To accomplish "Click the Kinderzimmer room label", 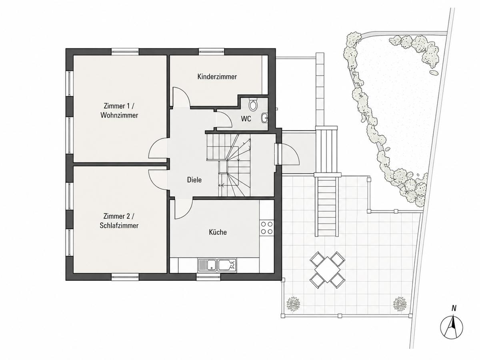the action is click(x=217, y=77).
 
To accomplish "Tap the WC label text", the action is click(x=246, y=119).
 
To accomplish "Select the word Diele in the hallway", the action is click(x=194, y=180).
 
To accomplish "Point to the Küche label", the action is click(x=218, y=232).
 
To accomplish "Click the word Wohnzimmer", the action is click(x=119, y=115).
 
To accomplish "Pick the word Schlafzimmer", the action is click(x=119, y=226).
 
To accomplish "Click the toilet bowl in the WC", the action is click(x=253, y=104).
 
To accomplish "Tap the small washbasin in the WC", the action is click(x=264, y=118).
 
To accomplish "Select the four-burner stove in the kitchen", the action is click(x=267, y=228).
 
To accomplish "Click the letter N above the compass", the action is click(x=454, y=308).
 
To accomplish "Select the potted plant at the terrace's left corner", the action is click(x=293, y=303).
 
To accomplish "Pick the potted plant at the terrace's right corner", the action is click(x=400, y=303).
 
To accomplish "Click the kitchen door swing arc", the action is click(x=188, y=212).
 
